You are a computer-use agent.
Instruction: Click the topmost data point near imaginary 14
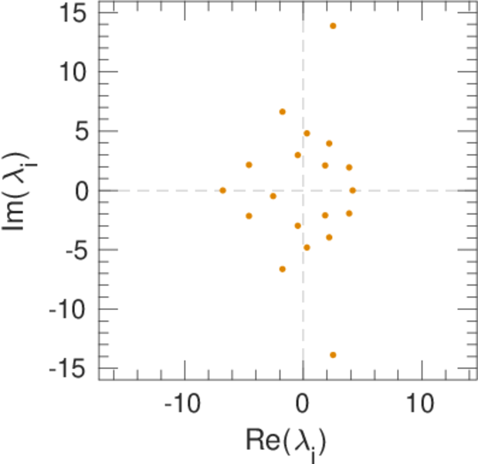[333, 26]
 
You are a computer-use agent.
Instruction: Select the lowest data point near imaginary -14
[333, 355]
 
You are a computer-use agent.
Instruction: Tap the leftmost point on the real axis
[222, 190]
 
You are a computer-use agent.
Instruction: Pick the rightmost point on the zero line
[353, 190]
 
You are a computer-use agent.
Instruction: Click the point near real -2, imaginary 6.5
[283, 111]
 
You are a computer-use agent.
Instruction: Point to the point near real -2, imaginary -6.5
[283, 269]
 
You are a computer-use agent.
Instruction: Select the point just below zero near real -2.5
[273, 196]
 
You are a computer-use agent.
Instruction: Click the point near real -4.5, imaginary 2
[249, 165]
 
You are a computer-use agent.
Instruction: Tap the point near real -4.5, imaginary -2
[249, 216]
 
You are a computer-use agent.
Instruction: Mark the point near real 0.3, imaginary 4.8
[307, 133]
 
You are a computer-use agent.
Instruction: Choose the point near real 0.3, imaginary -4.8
[307, 247]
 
